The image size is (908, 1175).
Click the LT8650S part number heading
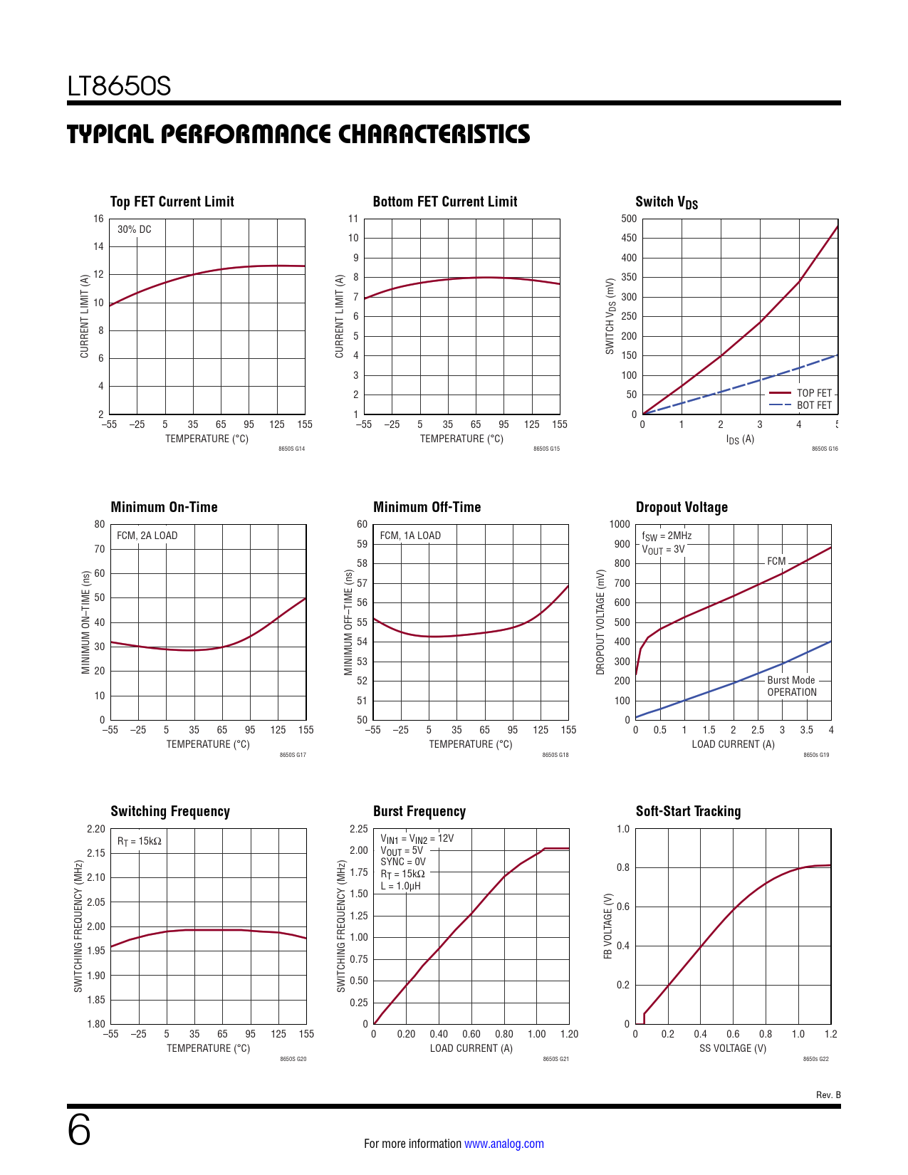tap(119, 86)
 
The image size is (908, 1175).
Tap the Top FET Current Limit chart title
tap(172, 202)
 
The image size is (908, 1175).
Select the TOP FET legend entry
tap(813, 393)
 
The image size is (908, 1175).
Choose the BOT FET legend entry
tap(813, 405)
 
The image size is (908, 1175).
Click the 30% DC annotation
tap(134, 229)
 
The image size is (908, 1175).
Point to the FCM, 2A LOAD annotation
tap(147, 536)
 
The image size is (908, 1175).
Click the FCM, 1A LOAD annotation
tap(410, 536)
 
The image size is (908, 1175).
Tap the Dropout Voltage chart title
tap(682, 507)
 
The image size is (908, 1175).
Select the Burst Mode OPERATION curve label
tap(791, 686)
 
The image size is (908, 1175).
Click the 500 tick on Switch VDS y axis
tap(629, 219)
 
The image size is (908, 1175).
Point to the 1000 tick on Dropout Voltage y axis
tap(620, 524)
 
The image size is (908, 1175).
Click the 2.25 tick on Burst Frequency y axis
tap(359, 829)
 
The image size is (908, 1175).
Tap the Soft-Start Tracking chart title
tap(688, 811)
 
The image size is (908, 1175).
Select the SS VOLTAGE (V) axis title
tap(732, 1048)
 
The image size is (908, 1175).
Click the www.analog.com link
tap(504, 1144)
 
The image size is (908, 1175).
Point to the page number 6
tap(79, 1130)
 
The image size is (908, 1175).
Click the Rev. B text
tap(828, 1095)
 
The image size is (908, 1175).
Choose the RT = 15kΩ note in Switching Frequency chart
tap(140, 841)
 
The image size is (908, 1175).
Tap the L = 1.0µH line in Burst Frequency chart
tap(400, 886)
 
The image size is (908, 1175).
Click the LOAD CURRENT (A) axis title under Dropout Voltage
tap(733, 744)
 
